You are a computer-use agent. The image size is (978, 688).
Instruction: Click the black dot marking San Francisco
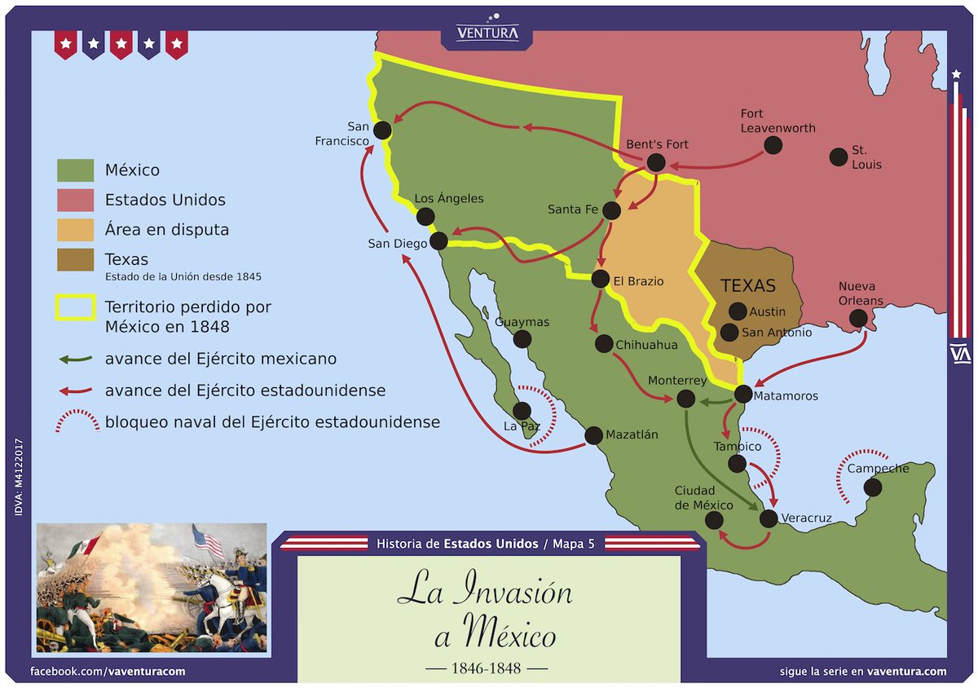pos(381,130)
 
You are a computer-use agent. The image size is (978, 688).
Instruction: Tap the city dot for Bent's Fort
pos(655,162)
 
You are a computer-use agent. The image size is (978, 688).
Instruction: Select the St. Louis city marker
pos(838,157)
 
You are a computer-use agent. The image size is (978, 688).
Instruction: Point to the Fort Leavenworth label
pos(778,121)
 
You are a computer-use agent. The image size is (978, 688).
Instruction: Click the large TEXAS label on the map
pos(748,285)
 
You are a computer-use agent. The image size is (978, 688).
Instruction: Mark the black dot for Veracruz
pos(768,518)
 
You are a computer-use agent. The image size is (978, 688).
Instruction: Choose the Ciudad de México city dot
pos(713,520)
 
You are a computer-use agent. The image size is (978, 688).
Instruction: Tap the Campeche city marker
pos(873,487)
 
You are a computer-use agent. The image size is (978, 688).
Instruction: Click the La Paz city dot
pos(522,411)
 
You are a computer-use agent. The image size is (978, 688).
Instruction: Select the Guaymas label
pos(522,322)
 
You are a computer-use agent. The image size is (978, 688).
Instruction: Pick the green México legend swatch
pos(75,170)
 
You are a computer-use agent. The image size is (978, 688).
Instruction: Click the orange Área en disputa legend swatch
pos(75,230)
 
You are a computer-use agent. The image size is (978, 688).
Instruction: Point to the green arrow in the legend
pos(75,359)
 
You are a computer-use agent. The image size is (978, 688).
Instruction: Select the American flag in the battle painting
pos(208,539)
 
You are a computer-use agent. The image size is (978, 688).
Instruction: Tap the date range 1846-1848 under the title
pos(488,668)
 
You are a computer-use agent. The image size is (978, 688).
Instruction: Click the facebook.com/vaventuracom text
pos(108,672)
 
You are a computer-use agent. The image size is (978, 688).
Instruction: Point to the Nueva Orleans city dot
pos(858,320)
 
